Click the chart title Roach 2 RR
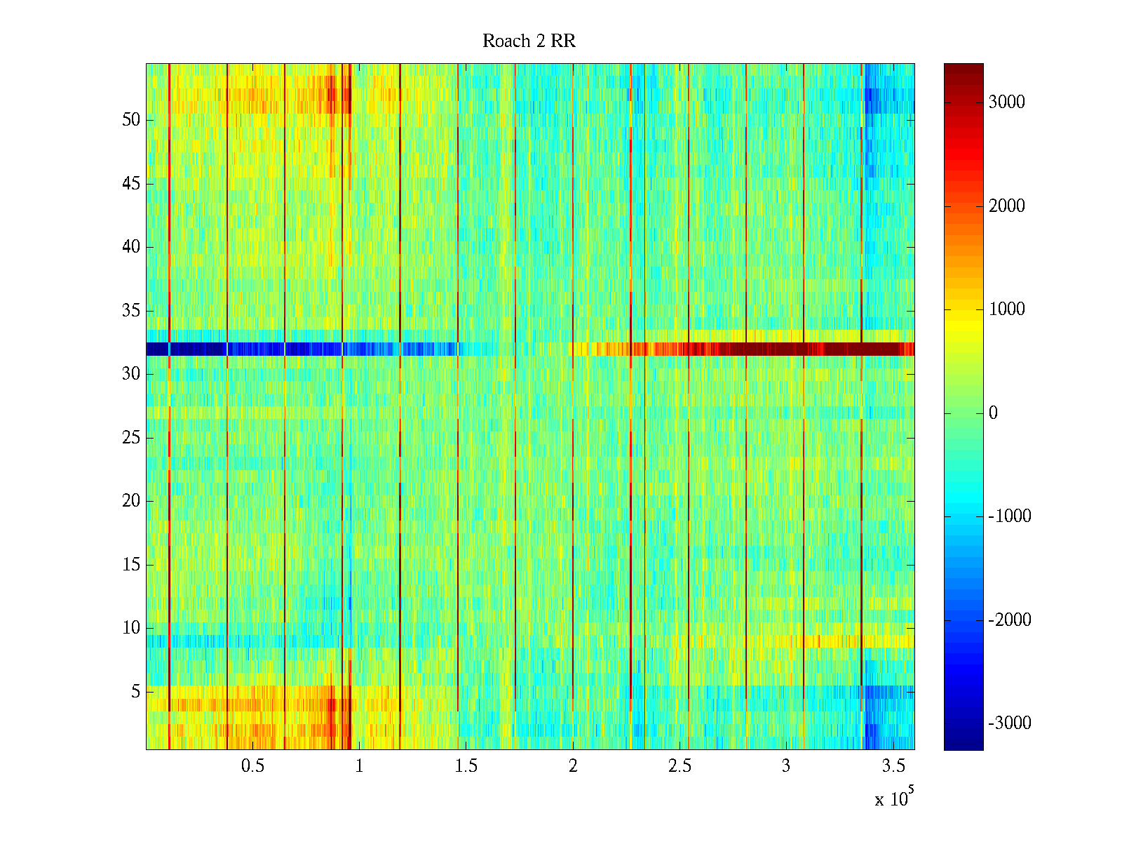tap(529, 41)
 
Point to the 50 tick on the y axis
tap(131, 120)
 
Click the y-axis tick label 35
tap(131, 311)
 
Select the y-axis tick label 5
tap(135, 692)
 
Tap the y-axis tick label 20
tap(131, 501)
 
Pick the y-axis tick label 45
tap(131, 184)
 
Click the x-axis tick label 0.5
tap(252, 766)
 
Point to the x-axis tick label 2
tap(573, 766)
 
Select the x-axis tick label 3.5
tap(893, 766)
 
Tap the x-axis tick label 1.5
tap(466, 766)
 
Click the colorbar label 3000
tap(1006, 102)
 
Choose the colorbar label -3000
tap(1009, 723)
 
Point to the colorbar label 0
tap(993, 413)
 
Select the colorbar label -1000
tap(1009, 516)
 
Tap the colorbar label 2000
tap(1006, 206)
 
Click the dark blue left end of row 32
tap(157, 349)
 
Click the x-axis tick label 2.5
tap(680, 766)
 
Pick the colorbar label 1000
tap(1006, 309)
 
